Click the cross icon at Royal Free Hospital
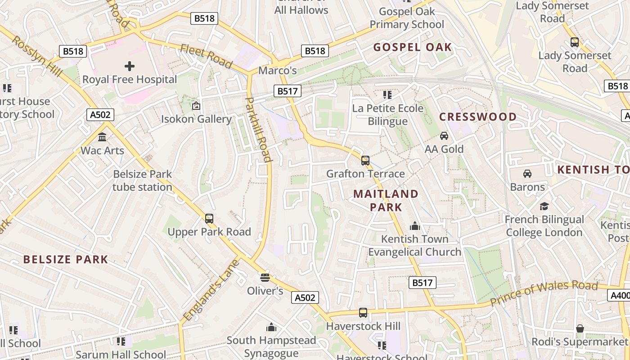pyautogui.click(x=130, y=66)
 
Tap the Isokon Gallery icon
pyautogui.click(x=196, y=106)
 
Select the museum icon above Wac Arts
pyautogui.click(x=102, y=137)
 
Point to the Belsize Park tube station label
pyautogui.click(x=142, y=180)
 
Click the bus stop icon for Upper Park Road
pyautogui.click(x=209, y=219)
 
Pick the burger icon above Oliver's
pyautogui.click(x=265, y=277)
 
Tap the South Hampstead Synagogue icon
pyautogui.click(x=271, y=327)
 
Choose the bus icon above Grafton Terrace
pyautogui.click(x=365, y=160)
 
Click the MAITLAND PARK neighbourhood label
pyautogui.click(x=386, y=200)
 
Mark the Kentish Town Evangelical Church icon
pyautogui.click(x=414, y=225)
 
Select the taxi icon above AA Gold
pyautogui.click(x=444, y=135)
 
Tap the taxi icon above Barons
pyautogui.click(x=527, y=173)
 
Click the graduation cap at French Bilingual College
pyautogui.click(x=544, y=206)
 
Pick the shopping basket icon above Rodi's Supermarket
pyautogui.click(x=580, y=328)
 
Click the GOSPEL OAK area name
pyautogui.click(x=412, y=47)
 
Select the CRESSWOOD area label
pyautogui.click(x=478, y=117)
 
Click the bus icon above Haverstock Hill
pyautogui.click(x=363, y=312)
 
